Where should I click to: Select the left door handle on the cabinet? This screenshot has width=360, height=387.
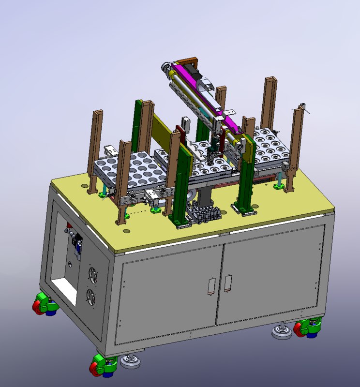[211, 286]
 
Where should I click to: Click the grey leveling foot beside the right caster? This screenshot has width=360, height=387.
[281, 332]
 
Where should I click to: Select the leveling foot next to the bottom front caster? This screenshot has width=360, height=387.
[130, 361]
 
